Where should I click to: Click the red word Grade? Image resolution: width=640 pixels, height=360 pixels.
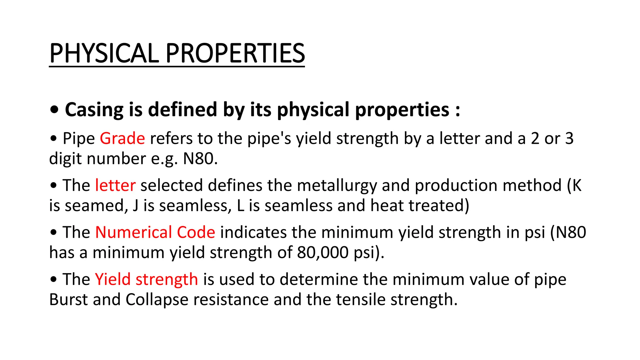122,138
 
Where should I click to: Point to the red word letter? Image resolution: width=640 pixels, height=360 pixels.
115,185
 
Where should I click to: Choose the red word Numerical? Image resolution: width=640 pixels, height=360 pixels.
133,232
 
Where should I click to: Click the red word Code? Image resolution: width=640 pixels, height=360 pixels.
196,232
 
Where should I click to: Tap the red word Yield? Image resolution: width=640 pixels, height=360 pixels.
112,279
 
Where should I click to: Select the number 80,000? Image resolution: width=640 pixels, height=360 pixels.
322,252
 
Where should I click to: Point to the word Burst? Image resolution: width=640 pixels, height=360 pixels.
68,300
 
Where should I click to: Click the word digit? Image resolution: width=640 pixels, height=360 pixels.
65,159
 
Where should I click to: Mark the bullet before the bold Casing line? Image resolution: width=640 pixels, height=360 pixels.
54,110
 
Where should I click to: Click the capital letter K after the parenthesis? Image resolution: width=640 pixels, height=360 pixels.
577,186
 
